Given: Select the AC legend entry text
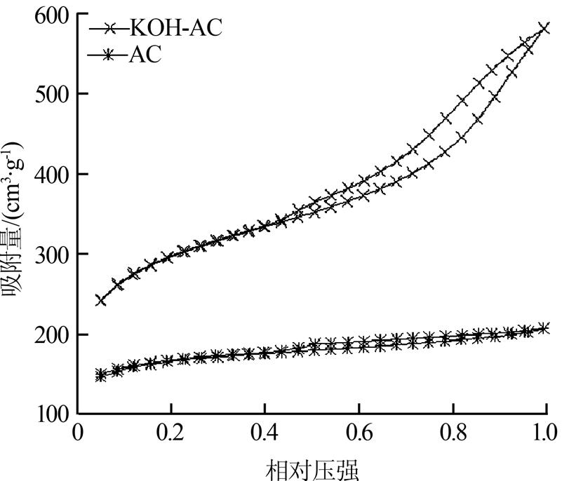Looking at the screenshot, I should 145,54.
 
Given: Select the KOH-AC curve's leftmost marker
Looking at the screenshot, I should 101,300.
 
